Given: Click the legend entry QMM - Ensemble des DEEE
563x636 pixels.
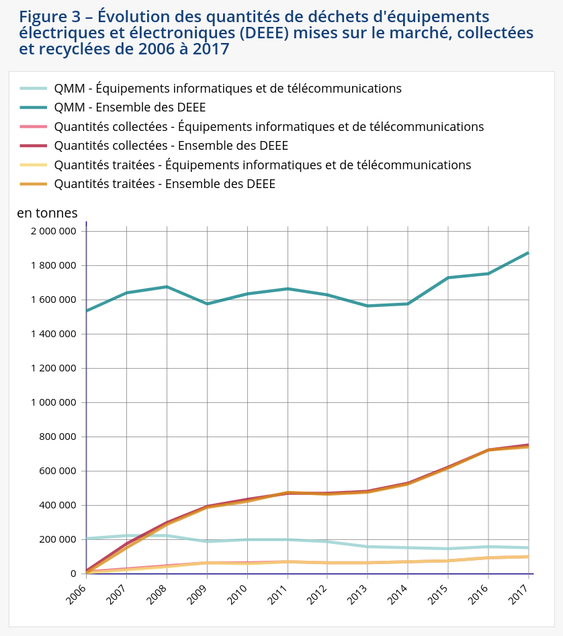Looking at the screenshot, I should click(x=130, y=107).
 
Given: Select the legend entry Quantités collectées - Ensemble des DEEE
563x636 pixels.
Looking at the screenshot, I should click(x=171, y=146).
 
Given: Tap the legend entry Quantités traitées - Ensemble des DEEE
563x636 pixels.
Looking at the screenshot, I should click(x=165, y=184).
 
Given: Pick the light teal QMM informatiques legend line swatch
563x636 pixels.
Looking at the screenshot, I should click(x=34, y=88).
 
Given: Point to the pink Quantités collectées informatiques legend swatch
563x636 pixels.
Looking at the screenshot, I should click(x=34, y=126).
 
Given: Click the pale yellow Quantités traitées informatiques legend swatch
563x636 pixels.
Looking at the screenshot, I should click(x=34, y=165).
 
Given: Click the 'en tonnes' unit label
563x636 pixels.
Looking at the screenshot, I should click(x=47, y=213).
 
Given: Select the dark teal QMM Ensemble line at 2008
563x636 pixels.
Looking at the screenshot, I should click(x=167, y=287).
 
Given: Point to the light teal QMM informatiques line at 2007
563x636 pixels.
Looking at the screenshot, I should click(x=126, y=535).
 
